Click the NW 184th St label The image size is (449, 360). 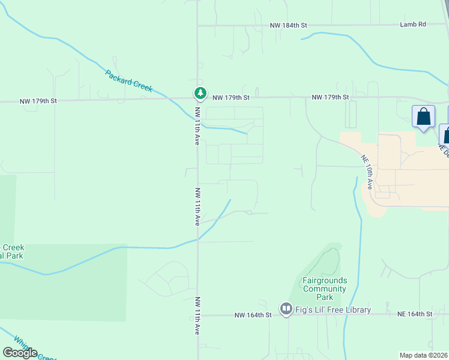pos(288,25)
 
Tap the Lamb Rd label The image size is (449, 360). pos(413,25)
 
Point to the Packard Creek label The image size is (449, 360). pos(129,81)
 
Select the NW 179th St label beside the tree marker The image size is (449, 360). pos(231,97)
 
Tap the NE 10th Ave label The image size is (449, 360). pos(367,173)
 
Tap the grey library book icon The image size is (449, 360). pos(286,310)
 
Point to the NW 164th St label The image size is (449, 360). pos(250,314)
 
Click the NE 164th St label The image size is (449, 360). pos(415,314)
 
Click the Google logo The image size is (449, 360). pos(20,353)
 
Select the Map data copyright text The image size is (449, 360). pos(424,355)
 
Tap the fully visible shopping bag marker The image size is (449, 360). pos(424,117)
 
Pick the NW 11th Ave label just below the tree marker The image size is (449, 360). pos(197,126)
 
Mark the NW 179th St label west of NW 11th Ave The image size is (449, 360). pos(38,101)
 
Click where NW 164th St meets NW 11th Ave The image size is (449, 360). pos(198,314)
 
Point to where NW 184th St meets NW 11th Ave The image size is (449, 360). pos(198,26)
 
